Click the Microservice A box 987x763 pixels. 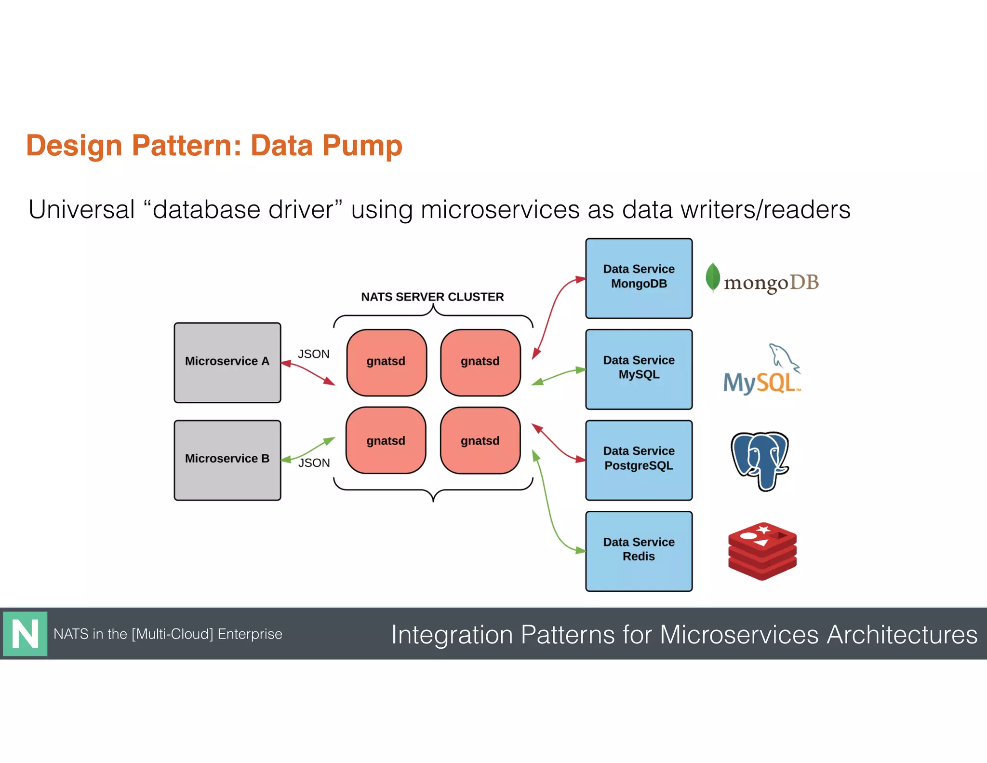click(227, 363)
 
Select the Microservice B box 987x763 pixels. click(227, 460)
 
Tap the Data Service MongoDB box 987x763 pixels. click(639, 278)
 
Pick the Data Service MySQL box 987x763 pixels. click(639, 369)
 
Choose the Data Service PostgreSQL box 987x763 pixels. click(639, 460)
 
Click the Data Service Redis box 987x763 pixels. click(639, 551)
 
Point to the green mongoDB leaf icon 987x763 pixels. click(712, 277)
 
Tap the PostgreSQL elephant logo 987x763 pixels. click(760, 461)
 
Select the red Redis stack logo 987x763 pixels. click(762, 551)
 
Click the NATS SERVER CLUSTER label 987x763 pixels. click(432, 297)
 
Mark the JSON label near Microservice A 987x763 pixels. click(313, 354)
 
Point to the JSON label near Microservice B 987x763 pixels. click(314, 463)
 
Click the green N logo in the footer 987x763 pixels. click(25, 634)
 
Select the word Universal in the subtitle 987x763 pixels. click(81, 210)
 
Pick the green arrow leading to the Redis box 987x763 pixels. click(549, 511)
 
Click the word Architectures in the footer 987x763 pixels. click(902, 635)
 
